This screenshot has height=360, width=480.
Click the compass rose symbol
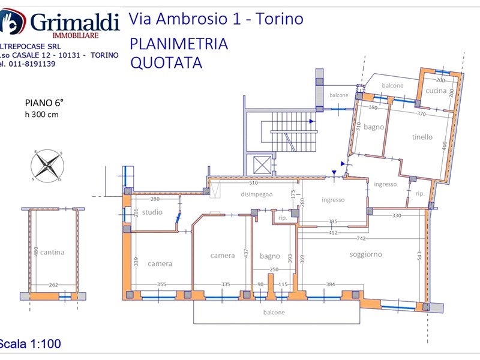coord(47,166)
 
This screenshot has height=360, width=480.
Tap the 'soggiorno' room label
coord(365,254)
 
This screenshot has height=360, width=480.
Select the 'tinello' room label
coord(422,137)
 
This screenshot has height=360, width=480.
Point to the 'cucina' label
coord(436,91)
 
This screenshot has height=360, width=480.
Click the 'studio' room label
coord(152,212)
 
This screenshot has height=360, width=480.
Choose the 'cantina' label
coord(53,252)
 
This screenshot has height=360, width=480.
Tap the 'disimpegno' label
coord(257,194)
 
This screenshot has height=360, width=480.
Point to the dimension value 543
coord(419,256)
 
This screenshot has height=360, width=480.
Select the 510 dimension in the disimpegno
coord(253,183)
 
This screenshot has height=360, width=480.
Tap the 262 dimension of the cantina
coord(53,285)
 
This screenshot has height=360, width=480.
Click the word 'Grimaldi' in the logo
coord(75,22)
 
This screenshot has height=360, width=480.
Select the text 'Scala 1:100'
coord(30,344)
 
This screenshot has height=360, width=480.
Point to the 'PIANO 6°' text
coord(44,103)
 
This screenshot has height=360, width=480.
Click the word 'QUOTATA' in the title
coord(166,63)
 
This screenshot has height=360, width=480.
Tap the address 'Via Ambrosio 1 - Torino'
coord(216,19)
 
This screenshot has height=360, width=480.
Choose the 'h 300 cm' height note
coord(41,115)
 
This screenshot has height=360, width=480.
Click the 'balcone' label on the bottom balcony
coord(274,312)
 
